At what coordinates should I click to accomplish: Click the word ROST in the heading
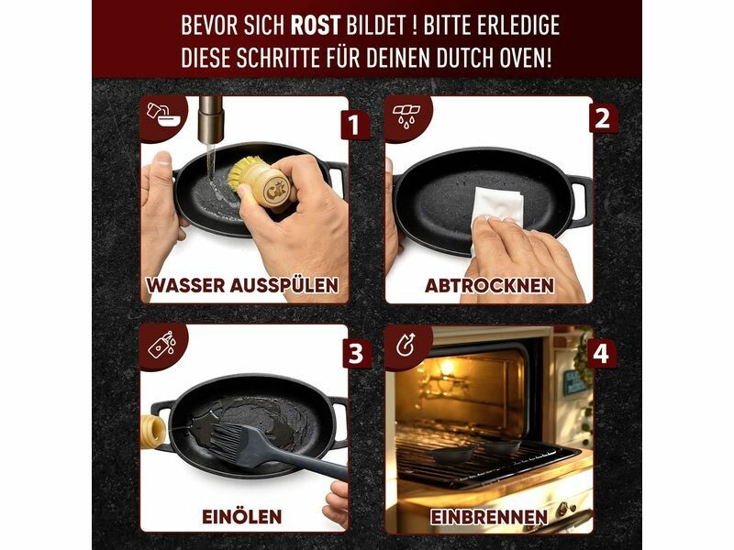pos(315,26)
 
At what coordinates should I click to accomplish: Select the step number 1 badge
pos(354,126)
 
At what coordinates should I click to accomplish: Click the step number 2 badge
pos(603,119)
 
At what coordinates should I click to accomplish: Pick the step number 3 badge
pos(357,354)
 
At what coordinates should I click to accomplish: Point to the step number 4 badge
pos(601,354)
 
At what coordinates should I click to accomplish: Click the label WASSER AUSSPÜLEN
pos(242,285)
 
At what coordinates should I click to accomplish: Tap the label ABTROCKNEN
pos(489,286)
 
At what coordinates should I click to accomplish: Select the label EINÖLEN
pos(242,517)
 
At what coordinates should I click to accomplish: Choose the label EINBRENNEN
pos(489,517)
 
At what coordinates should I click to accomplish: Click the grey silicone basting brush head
pos(232,440)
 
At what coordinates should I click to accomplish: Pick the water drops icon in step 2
pos(406,115)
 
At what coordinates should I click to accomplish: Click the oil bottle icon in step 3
pos(162,345)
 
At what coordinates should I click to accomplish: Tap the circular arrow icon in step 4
pos(406,346)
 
